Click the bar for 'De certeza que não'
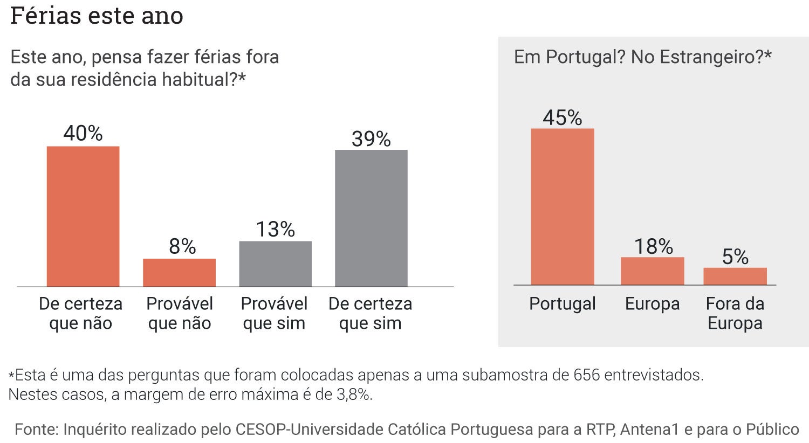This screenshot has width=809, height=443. [x=83, y=216]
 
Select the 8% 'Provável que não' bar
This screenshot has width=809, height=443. [x=179, y=272]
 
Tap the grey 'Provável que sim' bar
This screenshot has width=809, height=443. [x=275, y=264]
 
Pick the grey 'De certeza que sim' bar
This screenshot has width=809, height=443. [x=371, y=218]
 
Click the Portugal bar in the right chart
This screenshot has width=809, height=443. [x=562, y=206]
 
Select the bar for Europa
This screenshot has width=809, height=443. [x=652, y=271]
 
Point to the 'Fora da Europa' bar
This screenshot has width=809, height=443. [x=735, y=276]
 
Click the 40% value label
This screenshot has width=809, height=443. [x=83, y=133]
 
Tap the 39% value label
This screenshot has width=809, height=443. [x=371, y=139]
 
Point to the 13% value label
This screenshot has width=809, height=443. [x=275, y=230]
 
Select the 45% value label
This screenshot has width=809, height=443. [x=562, y=117]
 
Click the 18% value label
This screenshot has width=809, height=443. [x=653, y=247]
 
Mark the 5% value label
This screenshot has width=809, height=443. [x=735, y=257]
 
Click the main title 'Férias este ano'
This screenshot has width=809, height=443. [x=97, y=16]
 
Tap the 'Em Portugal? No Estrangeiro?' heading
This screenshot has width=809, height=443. [x=642, y=57]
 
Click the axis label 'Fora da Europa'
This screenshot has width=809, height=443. [x=735, y=313]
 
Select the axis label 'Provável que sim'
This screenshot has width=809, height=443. [x=274, y=313]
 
